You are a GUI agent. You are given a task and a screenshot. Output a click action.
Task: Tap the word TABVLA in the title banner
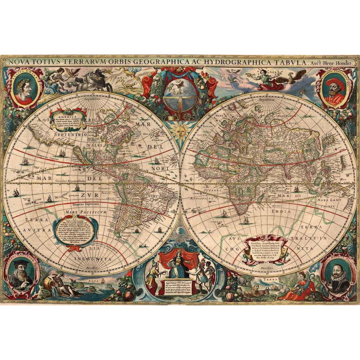point(288,62)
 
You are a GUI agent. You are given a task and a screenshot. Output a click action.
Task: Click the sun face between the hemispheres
point(180,132)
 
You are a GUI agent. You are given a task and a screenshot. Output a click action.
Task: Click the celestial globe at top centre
point(180,93)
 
